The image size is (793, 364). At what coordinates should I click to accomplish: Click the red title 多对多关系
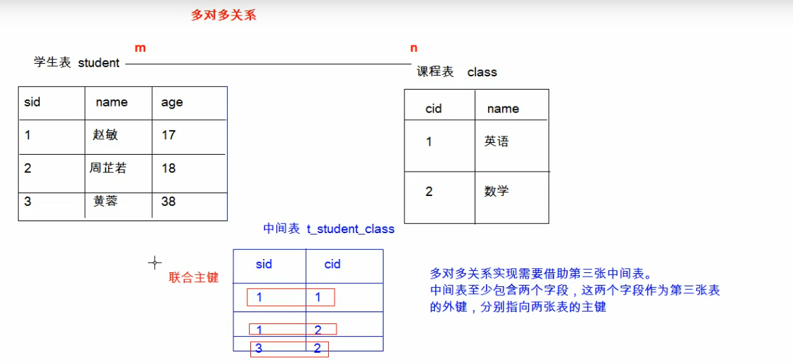[224, 15]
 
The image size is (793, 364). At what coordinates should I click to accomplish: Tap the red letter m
[140, 48]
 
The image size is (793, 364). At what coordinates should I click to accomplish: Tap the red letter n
[414, 48]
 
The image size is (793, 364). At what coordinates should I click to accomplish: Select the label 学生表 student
[76, 63]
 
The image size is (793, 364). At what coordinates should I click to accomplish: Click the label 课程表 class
[456, 72]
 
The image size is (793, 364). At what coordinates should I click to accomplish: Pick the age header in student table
[172, 102]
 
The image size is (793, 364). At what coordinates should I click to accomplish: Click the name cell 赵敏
[105, 134]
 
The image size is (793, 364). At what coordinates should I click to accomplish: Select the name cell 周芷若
[108, 168]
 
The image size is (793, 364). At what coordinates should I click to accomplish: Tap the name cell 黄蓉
[105, 202]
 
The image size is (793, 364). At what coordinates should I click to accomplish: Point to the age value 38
[168, 202]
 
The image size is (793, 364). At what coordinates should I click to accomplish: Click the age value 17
[168, 134]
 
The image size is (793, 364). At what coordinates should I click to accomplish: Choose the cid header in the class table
[433, 108]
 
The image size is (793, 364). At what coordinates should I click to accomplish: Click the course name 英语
[496, 141]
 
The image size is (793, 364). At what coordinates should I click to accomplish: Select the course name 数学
[496, 191]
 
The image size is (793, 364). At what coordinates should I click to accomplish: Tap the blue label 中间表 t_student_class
[328, 229]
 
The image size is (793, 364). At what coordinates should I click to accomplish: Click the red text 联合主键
[194, 278]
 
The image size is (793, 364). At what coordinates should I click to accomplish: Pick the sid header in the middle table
[264, 264]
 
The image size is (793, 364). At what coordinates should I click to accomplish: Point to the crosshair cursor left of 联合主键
[155, 262]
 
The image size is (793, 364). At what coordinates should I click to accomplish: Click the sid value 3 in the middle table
[259, 348]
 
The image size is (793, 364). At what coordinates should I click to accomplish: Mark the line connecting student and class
[266, 64]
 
